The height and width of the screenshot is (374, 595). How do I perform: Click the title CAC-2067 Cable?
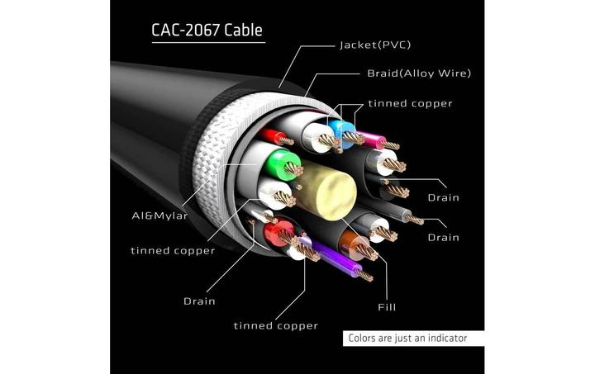[207, 31]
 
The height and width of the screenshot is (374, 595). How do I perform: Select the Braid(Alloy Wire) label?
[419, 73]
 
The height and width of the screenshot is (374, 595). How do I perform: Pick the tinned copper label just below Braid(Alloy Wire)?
[410, 103]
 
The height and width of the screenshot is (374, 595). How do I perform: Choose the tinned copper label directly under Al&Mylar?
[172, 250]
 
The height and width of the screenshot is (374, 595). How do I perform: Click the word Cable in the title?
[240, 31]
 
